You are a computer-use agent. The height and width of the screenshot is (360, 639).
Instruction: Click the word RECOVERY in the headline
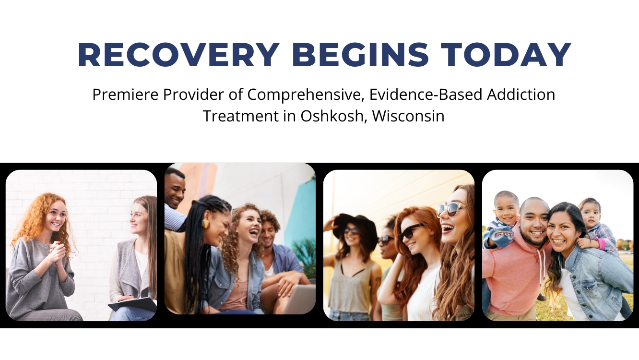tap(178, 55)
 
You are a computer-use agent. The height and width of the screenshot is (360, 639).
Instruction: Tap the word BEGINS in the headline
tap(360, 55)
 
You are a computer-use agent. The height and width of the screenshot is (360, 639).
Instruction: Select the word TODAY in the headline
tap(506, 55)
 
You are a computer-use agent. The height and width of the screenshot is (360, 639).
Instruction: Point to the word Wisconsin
tap(408, 116)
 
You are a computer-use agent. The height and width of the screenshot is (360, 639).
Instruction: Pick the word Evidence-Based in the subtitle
tap(426, 95)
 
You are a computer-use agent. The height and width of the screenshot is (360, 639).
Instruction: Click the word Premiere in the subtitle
tap(125, 95)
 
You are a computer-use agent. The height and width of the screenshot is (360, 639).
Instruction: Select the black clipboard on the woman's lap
tap(133, 304)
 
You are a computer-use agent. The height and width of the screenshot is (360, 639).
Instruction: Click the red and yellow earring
tap(206, 224)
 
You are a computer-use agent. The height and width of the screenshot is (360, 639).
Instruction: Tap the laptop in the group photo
tap(298, 299)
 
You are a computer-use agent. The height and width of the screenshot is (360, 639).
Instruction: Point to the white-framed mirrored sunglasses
tap(451, 210)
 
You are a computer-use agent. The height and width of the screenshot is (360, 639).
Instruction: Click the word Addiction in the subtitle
tap(521, 95)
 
